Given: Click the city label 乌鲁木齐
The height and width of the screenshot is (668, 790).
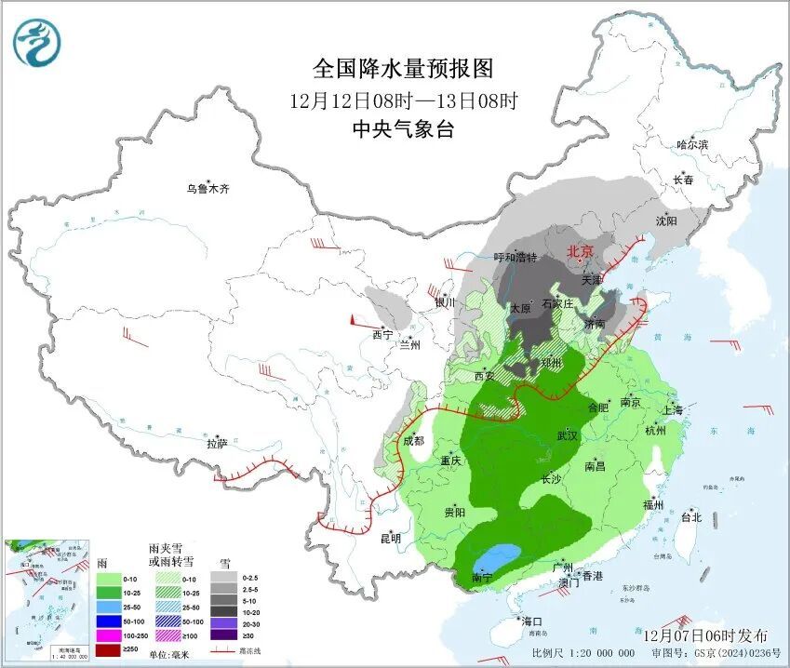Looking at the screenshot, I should coord(207,189).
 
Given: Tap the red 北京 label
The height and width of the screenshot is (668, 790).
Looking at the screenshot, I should coord(580,250).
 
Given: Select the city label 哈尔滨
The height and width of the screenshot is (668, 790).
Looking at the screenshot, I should coord(692,145).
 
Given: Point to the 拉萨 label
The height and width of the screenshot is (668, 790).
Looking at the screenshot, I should coord(217,444).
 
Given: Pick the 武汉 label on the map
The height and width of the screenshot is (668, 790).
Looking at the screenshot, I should coord(567,435).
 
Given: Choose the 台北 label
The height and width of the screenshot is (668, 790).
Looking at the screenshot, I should coord(691,517).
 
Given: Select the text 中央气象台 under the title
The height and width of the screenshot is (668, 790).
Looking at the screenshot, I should coord(402,130).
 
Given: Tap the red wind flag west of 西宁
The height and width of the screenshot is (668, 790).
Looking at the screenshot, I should coord(355,320).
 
